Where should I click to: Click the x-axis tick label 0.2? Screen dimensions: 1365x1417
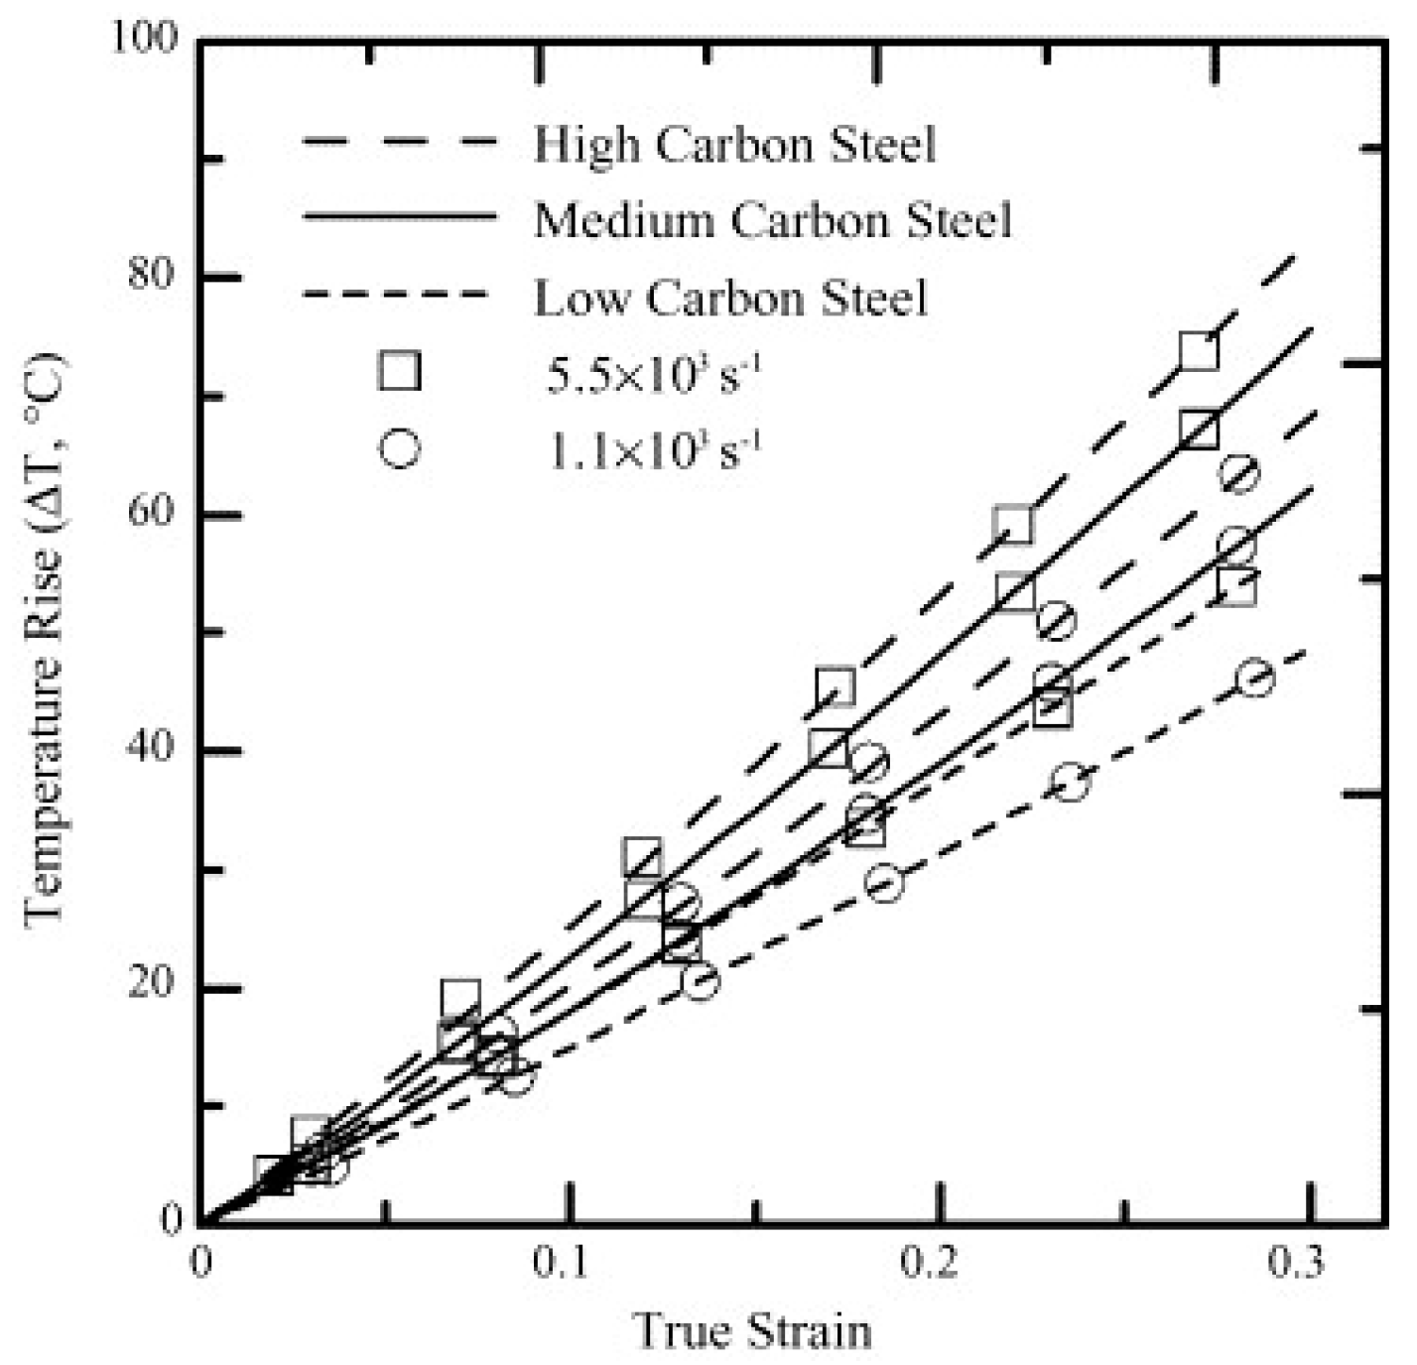pos(937,1265)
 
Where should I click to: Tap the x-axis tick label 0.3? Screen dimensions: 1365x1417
pos(1307,1265)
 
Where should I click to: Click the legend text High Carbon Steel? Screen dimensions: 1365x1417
pos(735,145)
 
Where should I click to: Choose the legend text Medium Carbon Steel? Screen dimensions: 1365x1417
pos(773,219)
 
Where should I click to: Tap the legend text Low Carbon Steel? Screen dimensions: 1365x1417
pos(731,297)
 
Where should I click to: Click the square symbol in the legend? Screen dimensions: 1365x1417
pos(399,371)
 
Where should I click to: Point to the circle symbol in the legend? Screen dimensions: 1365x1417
pos(399,448)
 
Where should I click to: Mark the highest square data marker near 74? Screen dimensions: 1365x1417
pos(1199,352)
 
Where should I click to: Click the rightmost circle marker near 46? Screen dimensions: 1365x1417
pos(1255,678)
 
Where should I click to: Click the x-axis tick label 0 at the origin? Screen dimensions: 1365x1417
pos(200,1265)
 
